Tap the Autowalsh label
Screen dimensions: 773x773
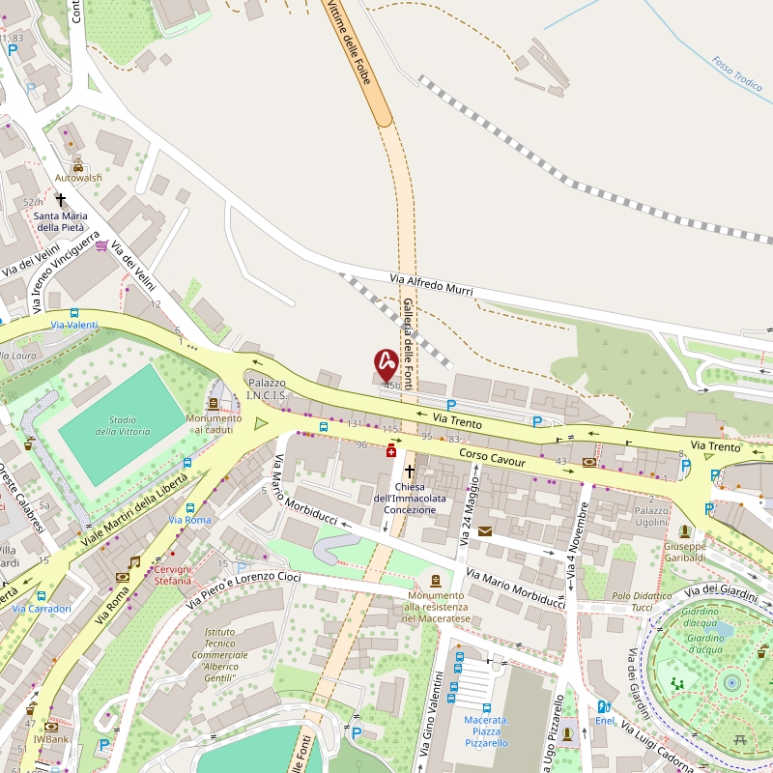click(x=77, y=178)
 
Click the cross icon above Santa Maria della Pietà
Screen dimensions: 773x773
click(x=61, y=200)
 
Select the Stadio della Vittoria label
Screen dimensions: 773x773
click(x=122, y=425)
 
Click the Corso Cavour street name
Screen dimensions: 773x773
click(x=492, y=457)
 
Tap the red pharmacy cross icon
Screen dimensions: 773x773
click(x=391, y=450)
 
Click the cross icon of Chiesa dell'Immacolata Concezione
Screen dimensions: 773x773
click(x=409, y=472)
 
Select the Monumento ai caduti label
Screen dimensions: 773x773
click(x=214, y=423)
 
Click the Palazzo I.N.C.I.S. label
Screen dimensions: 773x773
click(x=267, y=388)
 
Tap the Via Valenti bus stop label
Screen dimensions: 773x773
click(x=73, y=325)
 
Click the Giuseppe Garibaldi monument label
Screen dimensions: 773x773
click(x=685, y=552)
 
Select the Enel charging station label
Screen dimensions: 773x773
click(x=605, y=720)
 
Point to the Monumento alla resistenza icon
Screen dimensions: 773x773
click(x=435, y=580)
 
